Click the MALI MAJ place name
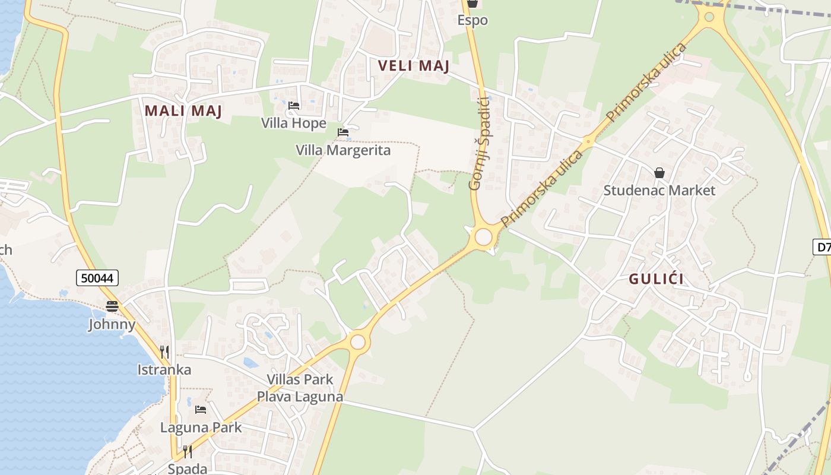183,111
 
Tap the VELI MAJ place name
414,66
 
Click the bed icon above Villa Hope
294,106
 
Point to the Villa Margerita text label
343,150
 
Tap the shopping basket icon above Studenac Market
659,173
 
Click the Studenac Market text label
659,191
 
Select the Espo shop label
472,20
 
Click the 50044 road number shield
97,277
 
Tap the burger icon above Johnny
112,306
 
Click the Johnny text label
112,324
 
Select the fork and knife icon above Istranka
164,351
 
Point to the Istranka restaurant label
164,370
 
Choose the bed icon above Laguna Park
201,410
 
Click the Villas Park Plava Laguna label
300,388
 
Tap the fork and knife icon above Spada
188,452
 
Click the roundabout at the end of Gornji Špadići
484,237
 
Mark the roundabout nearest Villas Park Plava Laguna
357,342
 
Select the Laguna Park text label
201,427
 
